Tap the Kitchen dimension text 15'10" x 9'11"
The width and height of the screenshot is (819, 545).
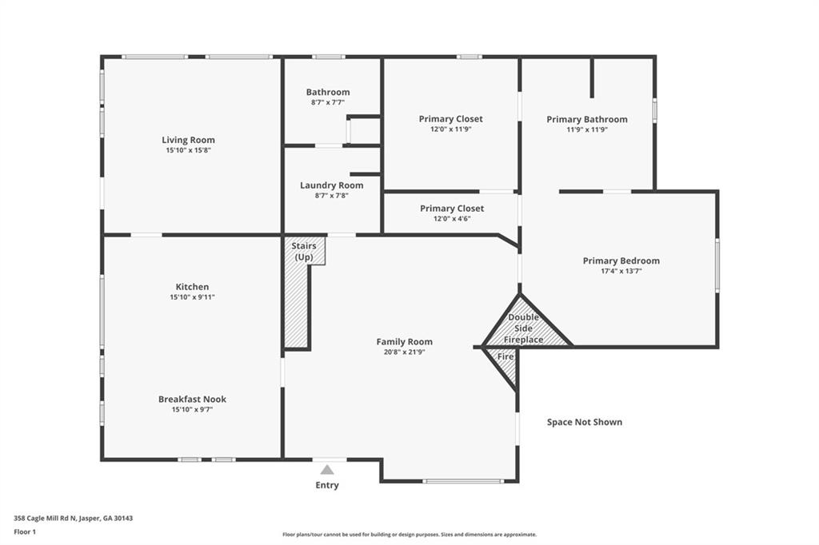point(192,297)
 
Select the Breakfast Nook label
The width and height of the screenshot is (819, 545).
point(192,399)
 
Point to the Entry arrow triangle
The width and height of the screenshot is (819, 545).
point(327,470)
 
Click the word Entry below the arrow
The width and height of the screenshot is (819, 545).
point(327,485)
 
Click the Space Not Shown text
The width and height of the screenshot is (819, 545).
point(584,422)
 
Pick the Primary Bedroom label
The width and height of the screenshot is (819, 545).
point(621,261)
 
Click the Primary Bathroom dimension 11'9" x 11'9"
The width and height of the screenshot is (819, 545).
point(587,129)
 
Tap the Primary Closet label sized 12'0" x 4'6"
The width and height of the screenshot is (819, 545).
point(452,209)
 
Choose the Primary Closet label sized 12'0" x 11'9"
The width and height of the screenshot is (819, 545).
point(450,119)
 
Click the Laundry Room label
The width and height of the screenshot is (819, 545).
point(331,185)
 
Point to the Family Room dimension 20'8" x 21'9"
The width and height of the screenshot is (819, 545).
point(404,352)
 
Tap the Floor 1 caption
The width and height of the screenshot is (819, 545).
point(25,531)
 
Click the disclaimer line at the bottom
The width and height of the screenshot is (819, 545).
point(409,535)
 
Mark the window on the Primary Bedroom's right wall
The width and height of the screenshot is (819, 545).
point(717,265)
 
